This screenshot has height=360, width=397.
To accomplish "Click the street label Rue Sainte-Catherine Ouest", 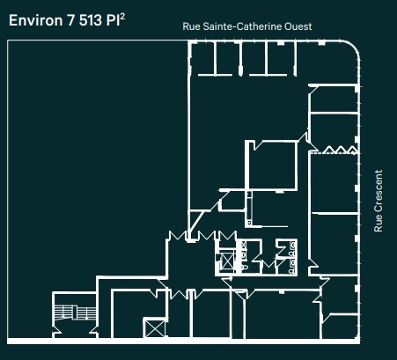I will [247, 27].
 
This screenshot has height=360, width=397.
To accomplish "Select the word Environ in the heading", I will [33, 19].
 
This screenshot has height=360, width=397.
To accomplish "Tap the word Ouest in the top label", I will [298, 27].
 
